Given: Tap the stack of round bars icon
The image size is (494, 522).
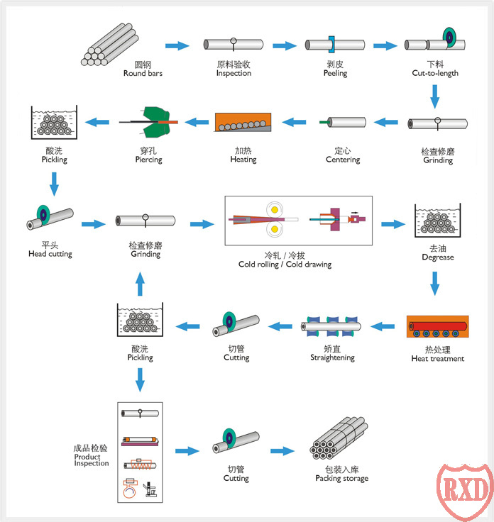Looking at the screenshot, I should [x=109, y=45].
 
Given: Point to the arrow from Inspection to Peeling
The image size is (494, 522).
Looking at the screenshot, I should [x=284, y=46].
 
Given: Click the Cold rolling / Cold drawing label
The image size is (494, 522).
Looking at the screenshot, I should [x=285, y=260].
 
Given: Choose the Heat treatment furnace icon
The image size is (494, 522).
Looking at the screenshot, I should [x=437, y=328].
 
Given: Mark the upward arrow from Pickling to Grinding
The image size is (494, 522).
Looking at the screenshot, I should [x=139, y=284].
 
